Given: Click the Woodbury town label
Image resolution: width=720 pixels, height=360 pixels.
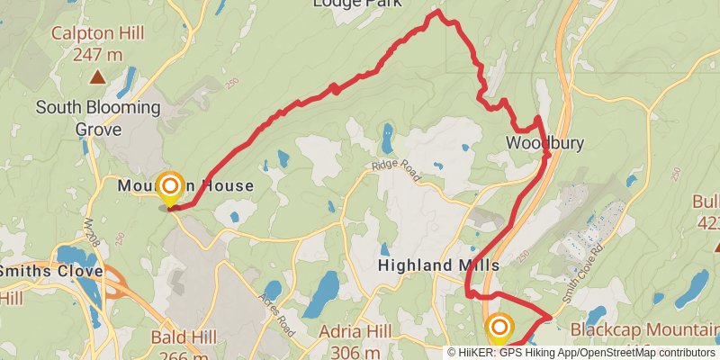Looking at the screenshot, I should point(544,143).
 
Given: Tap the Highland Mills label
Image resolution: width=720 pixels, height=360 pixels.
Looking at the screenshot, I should point(438,266).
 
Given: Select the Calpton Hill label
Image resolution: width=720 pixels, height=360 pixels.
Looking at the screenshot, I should point(99,34).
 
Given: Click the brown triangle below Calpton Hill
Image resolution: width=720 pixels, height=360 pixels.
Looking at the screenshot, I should point(97,78).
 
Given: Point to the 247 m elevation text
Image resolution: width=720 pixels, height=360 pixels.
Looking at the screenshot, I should point(97,54).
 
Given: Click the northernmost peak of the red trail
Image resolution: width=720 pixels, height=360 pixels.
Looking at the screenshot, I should point(436,12).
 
